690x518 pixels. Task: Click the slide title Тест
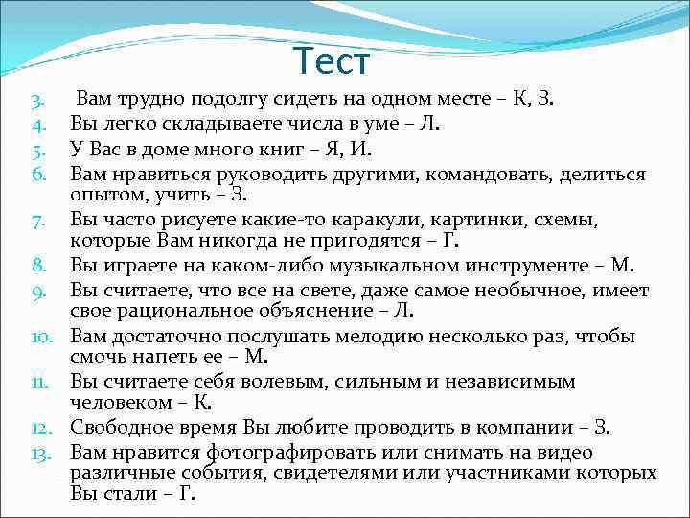331,62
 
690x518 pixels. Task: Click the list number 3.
35,99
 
